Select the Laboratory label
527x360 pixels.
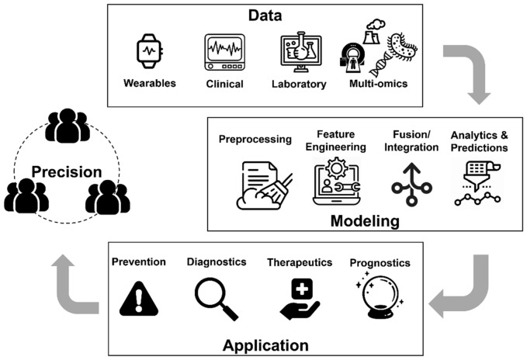[299, 83]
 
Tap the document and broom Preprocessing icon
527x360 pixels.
[259, 185]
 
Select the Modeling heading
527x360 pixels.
[366, 221]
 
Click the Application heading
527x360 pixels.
[266, 344]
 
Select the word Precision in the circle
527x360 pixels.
[66, 172]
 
